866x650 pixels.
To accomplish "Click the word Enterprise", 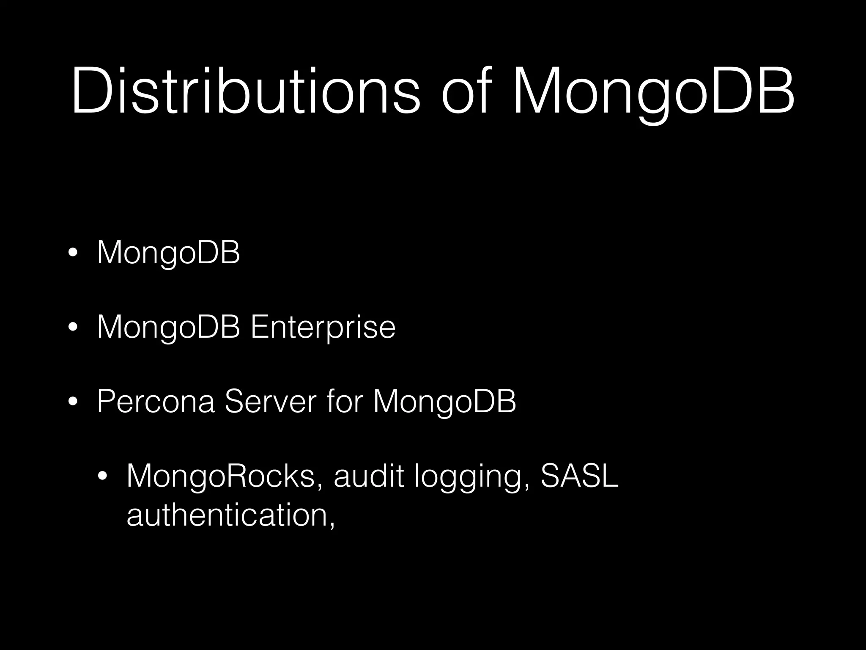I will pos(323,328).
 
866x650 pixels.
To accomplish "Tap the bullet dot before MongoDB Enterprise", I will pos(73,329).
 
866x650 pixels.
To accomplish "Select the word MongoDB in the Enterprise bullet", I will pos(168,328).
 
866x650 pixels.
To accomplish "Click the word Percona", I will pos(156,402).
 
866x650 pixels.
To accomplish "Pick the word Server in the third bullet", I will pos(270,402).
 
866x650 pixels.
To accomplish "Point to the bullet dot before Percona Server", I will pos(73,402).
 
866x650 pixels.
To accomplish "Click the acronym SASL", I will pos(579,476).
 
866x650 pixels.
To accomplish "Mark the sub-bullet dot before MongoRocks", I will pos(102,477).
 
